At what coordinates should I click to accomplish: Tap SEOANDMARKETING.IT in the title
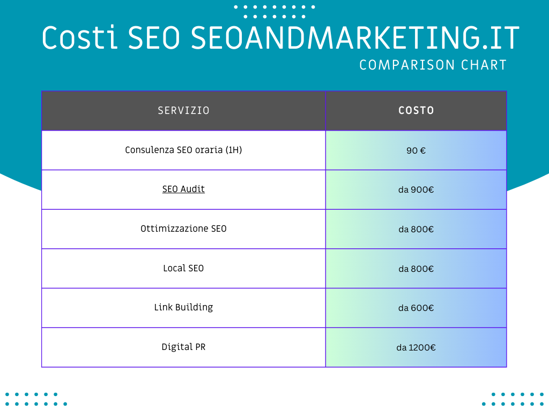point(355,37)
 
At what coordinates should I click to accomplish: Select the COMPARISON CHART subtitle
point(433,65)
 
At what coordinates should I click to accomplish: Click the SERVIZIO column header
point(183,111)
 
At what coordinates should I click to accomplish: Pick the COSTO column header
point(416,111)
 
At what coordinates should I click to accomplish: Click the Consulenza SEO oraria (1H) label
point(183,150)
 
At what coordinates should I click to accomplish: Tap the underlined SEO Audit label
point(183,189)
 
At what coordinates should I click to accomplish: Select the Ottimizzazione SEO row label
point(183,229)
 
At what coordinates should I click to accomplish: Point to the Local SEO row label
point(183,268)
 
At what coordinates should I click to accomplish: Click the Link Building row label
point(183,307)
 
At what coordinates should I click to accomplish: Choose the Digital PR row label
point(183,347)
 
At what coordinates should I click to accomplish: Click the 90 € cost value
point(416,150)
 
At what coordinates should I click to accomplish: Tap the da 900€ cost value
point(416,190)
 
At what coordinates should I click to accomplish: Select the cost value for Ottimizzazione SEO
point(416,229)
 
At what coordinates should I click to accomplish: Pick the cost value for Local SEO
point(416,269)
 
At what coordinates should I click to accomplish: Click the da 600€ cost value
point(416,308)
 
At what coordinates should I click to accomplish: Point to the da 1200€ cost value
point(416,347)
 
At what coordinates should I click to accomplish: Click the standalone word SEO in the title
point(154,37)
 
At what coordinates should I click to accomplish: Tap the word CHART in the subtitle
point(484,65)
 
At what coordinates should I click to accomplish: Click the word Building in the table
point(194,307)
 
